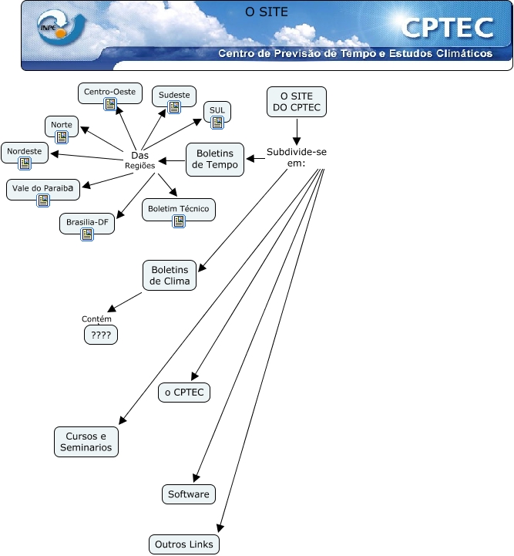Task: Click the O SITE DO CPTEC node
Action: click(x=296, y=101)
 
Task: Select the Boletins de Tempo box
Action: click(x=214, y=159)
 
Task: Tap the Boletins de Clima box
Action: click(x=170, y=276)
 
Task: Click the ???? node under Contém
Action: click(x=100, y=335)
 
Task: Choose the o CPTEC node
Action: click(x=184, y=393)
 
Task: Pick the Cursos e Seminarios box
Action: click(x=86, y=442)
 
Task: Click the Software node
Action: click(x=188, y=494)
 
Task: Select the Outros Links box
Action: click(x=184, y=544)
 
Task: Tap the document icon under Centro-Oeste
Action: click(x=109, y=105)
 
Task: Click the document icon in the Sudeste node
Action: click(x=174, y=108)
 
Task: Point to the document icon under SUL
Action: click(x=217, y=122)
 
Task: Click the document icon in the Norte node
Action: click(x=62, y=137)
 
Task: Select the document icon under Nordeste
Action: click(x=25, y=163)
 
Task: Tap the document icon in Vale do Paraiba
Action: click(x=42, y=200)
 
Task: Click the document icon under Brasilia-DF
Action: click(x=86, y=234)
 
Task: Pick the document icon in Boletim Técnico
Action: click(x=178, y=222)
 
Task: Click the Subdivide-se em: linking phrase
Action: click(x=297, y=157)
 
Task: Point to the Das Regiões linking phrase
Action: click(x=140, y=160)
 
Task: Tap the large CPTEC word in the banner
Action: click(x=447, y=29)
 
